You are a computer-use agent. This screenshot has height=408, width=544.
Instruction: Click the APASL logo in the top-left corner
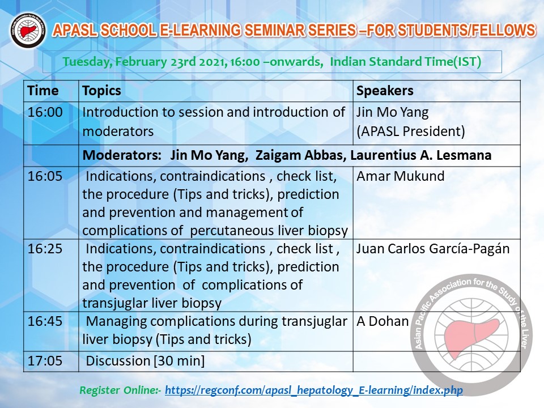28,31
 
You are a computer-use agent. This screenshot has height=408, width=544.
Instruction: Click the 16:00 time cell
45,112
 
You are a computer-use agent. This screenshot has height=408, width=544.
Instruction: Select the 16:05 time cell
45,176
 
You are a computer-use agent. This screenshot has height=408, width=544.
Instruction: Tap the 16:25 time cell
45,249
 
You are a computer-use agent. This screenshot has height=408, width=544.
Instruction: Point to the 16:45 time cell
45,321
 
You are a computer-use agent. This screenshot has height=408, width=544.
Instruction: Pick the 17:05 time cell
45,361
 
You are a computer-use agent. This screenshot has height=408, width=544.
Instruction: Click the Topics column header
101,91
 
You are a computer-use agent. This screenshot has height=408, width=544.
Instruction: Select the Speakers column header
385,91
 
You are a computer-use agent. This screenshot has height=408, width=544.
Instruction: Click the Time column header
43,91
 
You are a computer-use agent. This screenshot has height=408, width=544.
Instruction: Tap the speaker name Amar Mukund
401,176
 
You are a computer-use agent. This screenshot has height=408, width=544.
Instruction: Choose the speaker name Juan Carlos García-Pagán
433,249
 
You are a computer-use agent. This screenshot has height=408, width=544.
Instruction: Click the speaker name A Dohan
382,321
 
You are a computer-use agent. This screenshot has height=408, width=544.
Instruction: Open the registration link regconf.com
313,390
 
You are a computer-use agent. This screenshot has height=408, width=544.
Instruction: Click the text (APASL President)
410,131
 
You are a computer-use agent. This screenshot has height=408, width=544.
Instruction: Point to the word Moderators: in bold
122,155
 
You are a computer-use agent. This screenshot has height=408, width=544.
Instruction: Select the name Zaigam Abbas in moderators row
301,155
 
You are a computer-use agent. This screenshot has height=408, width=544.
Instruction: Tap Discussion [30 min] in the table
145,361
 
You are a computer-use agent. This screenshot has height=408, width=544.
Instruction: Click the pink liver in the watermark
471,338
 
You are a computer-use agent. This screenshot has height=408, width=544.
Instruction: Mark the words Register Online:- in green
120,390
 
